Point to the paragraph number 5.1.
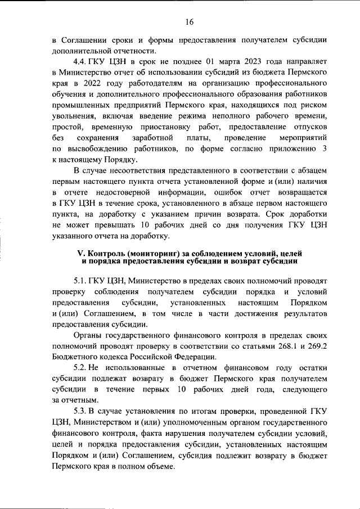(82, 280)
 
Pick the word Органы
(88, 335)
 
